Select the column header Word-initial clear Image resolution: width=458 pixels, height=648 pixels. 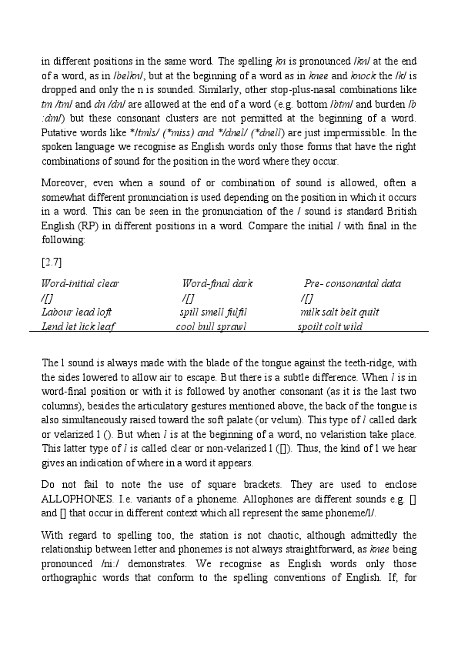(80, 283)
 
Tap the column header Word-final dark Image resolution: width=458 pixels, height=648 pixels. (217, 283)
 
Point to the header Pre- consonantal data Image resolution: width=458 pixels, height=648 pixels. (353, 283)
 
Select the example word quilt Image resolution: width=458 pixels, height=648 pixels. (369, 312)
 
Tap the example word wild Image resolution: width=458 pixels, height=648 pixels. (353, 326)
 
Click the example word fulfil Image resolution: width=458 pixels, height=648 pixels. (234, 312)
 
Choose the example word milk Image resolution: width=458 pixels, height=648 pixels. (309, 312)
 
